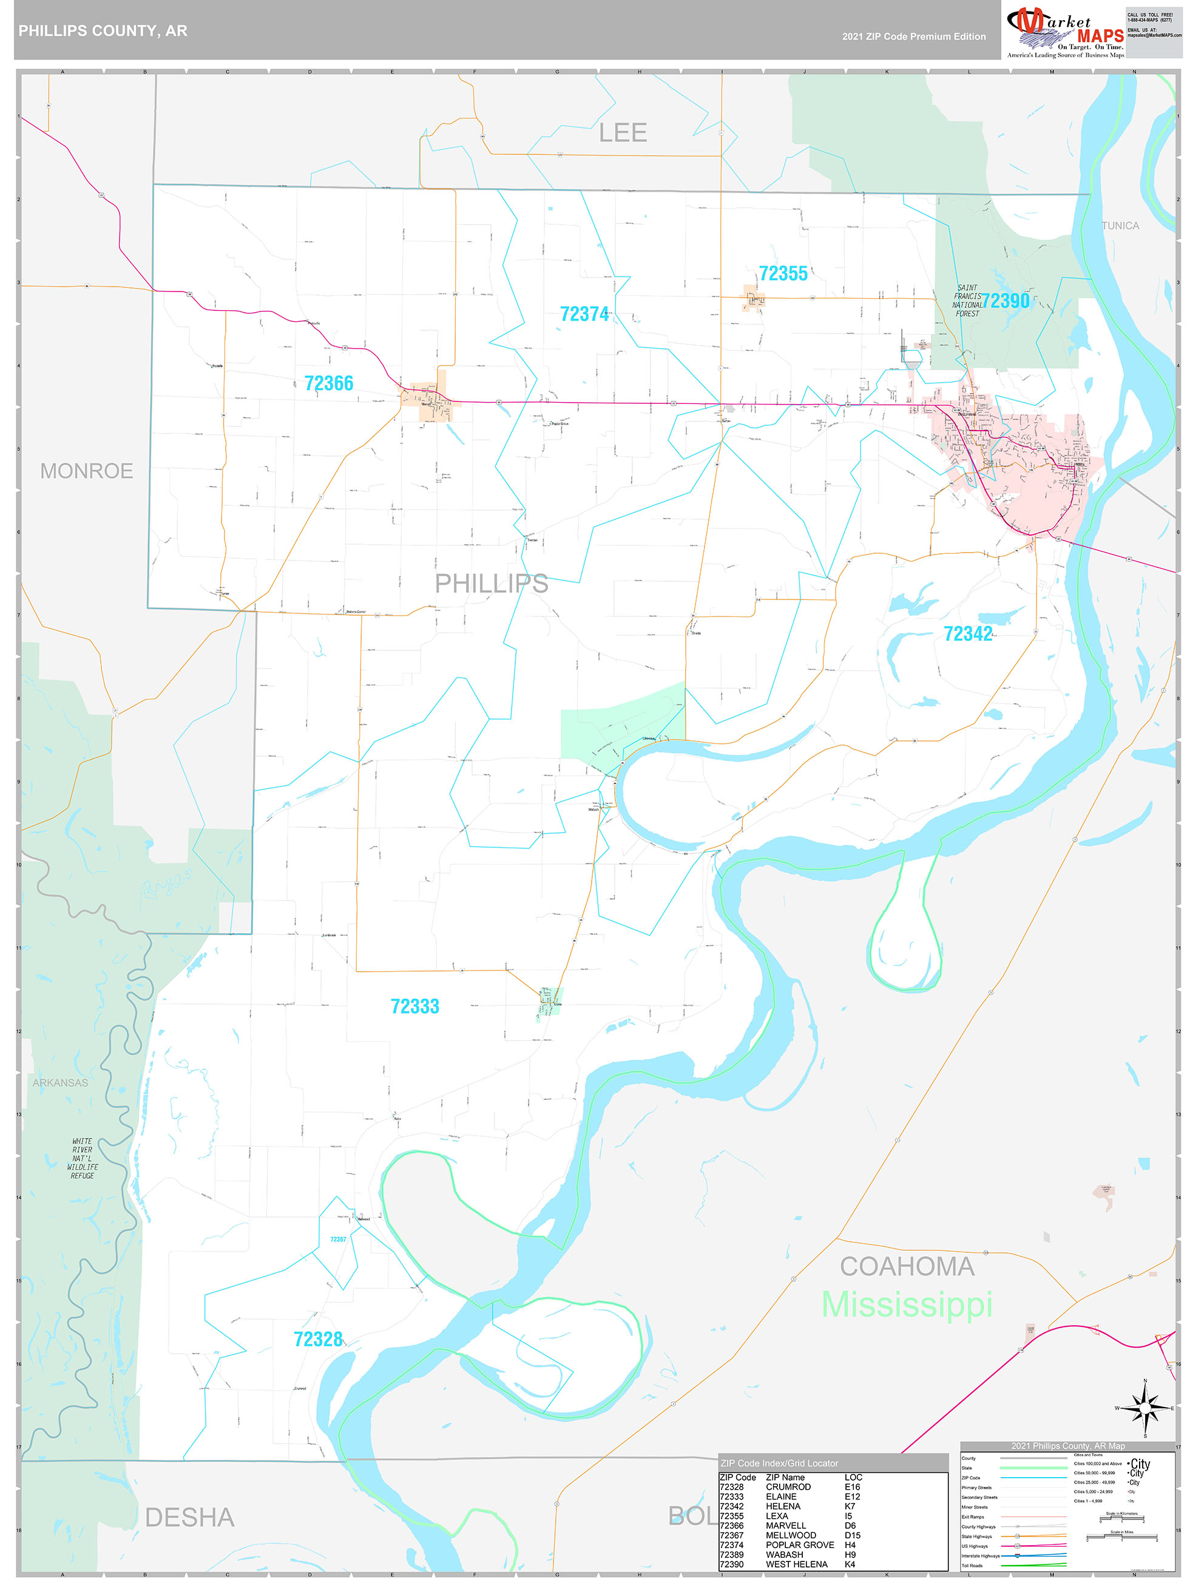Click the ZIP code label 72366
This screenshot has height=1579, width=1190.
click(329, 384)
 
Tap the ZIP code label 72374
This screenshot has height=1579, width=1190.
click(584, 314)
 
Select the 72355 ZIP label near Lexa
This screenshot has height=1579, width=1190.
click(783, 273)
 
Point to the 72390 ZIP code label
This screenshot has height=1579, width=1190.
click(1006, 301)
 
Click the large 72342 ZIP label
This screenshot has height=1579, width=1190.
click(967, 634)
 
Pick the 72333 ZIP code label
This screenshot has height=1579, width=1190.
click(414, 1006)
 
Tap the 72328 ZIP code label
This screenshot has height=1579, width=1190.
click(318, 1339)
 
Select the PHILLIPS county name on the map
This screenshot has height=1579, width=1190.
click(492, 584)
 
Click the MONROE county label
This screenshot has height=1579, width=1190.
click(86, 471)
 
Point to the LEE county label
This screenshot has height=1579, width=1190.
click(622, 133)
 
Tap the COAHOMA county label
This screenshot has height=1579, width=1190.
click(906, 1266)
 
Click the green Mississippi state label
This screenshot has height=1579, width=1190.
click(906, 1305)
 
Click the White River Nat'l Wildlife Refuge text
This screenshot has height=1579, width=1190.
click(82, 1159)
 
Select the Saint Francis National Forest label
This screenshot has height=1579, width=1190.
click(967, 301)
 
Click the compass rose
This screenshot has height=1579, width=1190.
click(1144, 1408)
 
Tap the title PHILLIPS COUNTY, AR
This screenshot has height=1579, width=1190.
click(103, 31)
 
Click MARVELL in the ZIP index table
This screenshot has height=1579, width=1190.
click(785, 1526)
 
